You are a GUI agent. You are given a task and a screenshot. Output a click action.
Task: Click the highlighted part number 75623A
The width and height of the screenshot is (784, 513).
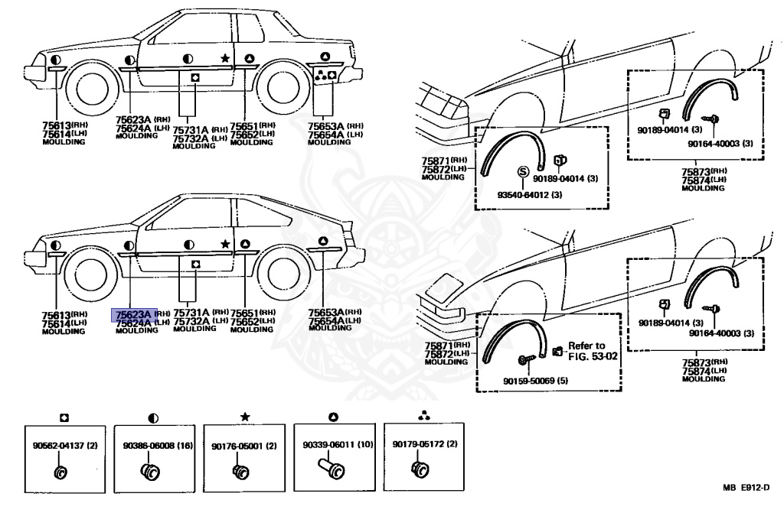[134, 313]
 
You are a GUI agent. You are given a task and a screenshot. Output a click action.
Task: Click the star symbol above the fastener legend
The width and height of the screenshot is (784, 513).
[244, 417]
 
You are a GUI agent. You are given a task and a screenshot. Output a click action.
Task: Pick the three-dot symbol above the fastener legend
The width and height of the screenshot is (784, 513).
[424, 417]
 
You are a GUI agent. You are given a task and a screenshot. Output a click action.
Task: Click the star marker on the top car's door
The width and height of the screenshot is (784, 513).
[225, 57]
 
